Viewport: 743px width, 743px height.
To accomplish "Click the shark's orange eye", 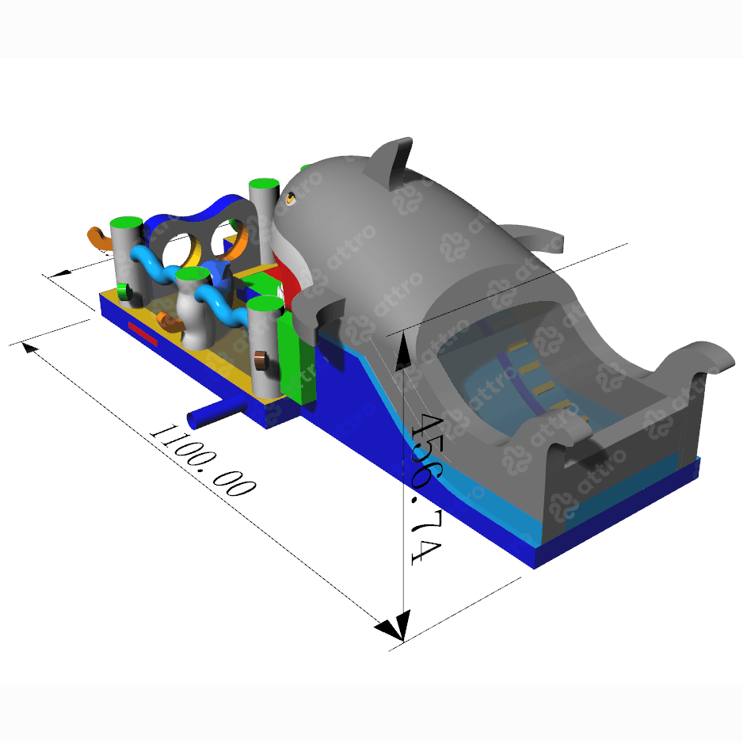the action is click(290, 198).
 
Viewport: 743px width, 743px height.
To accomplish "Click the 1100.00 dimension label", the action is click(204, 460).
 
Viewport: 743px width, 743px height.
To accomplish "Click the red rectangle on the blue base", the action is click(143, 333).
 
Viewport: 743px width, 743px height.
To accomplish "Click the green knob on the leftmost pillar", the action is click(124, 291).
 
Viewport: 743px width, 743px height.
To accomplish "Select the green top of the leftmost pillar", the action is click(127, 223).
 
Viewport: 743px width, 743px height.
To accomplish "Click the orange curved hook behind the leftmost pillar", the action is click(98, 238).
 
